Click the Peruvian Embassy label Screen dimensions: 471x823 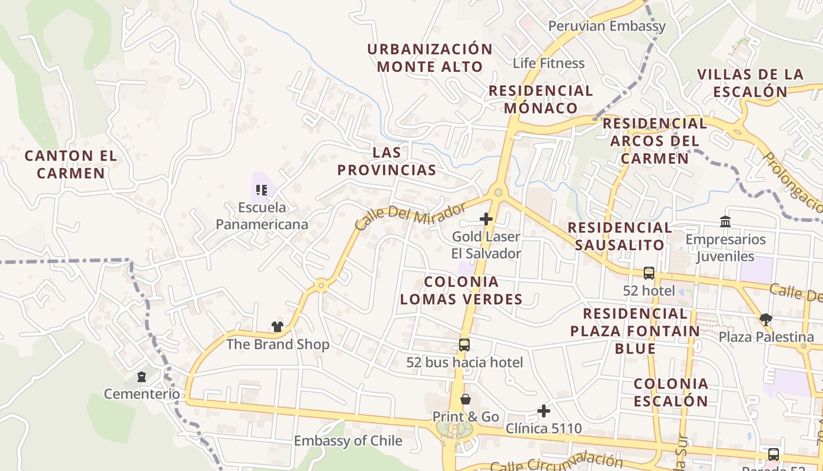(x=607, y=26)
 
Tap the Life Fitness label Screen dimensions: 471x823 (x=548, y=63)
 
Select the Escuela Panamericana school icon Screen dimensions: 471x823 (x=262, y=190)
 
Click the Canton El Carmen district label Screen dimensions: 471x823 (x=71, y=164)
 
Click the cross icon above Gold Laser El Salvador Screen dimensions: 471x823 (x=486, y=219)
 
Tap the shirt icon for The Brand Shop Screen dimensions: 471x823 (x=277, y=326)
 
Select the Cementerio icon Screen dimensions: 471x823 (x=142, y=376)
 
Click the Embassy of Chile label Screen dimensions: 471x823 (x=348, y=440)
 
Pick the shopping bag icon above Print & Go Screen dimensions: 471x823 (x=466, y=399)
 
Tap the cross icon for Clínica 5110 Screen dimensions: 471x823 (x=544, y=410)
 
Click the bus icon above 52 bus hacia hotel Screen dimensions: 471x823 (x=464, y=344)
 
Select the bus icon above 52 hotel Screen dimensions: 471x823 (x=649, y=273)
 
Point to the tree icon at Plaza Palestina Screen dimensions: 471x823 (x=765, y=319)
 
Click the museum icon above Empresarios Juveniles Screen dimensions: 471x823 (x=725, y=221)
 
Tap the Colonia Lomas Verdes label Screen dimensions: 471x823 (x=461, y=290)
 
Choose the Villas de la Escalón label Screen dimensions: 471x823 (x=750, y=83)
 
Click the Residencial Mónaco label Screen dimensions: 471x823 (x=541, y=99)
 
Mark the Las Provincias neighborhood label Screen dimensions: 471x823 (x=387, y=161)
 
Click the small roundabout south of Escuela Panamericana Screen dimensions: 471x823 (x=321, y=286)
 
